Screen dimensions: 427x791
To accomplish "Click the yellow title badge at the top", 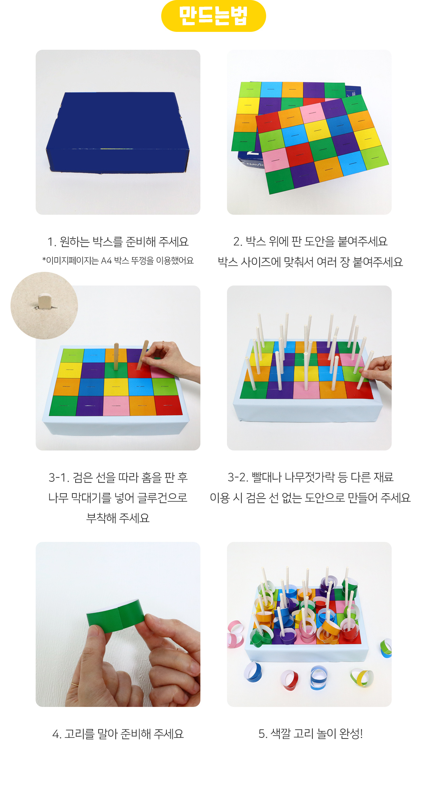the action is tap(213, 16).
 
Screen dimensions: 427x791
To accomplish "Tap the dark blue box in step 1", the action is tap(118, 133).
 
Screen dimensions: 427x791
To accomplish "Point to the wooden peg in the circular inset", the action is tap(44, 302).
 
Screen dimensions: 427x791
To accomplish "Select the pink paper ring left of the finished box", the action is tap(235, 634).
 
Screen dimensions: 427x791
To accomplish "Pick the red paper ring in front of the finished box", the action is tap(290, 680).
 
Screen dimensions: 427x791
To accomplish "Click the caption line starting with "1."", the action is tap(118, 242).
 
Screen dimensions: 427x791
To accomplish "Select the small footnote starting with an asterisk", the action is tap(118, 261).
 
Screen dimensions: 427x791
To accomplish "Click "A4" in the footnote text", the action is tap(106, 261).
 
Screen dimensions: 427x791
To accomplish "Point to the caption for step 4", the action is tap(118, 734).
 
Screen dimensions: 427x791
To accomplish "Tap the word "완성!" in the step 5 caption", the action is tap(351, 733).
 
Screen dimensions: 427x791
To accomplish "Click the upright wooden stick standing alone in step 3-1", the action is tap(116, 357).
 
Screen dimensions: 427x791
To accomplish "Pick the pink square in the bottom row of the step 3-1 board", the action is tap(116, 406).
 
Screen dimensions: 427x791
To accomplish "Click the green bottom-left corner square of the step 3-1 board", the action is tap(63, 406).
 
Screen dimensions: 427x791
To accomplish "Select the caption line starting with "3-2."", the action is tap(311, 477).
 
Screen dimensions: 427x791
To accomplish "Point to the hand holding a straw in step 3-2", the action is tap(378, 371).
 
